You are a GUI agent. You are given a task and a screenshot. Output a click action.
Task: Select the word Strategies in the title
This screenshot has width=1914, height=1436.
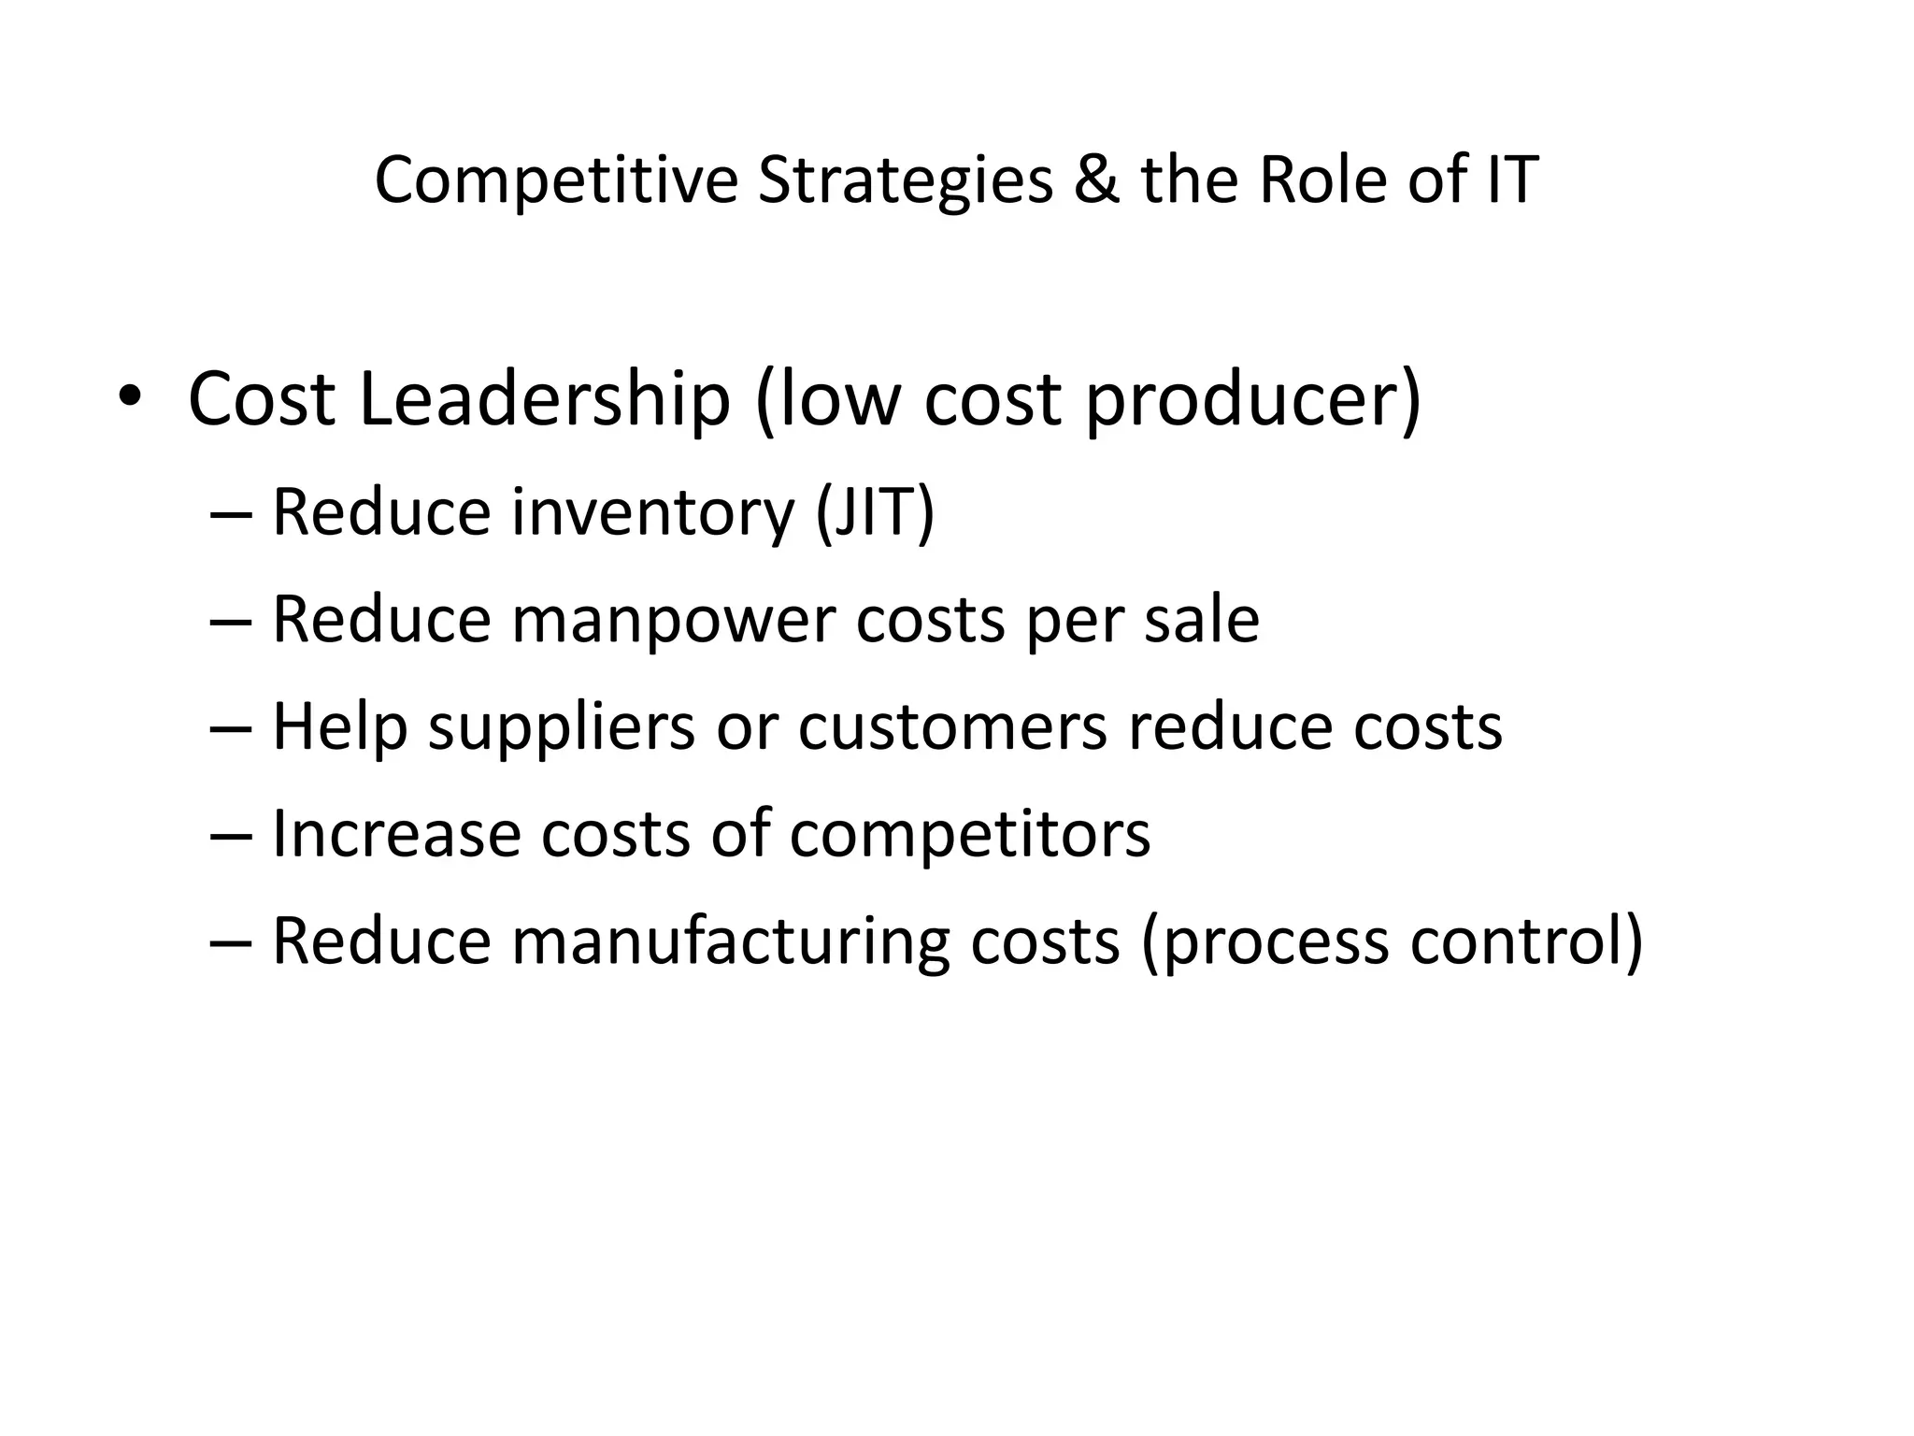pyautogui.click(x=905, y=179)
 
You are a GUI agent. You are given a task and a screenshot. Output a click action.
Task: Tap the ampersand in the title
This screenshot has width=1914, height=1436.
pyautogui.click(x=1096, y=179)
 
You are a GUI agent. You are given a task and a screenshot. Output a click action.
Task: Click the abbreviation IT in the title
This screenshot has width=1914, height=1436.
pyautogui.click(x=1507, y=179)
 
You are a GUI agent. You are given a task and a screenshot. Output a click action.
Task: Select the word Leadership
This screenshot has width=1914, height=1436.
pyautogui.click(x=542, y=399)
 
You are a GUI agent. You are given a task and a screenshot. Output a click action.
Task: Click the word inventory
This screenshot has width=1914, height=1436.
pyautogui.click(x=651, y=514)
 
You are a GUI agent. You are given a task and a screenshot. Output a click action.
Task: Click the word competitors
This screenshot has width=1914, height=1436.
pyautogui.click(x=970, y=834)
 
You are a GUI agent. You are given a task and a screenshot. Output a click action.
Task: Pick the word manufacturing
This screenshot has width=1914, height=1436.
pyautogui.click(x=730, y=942)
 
